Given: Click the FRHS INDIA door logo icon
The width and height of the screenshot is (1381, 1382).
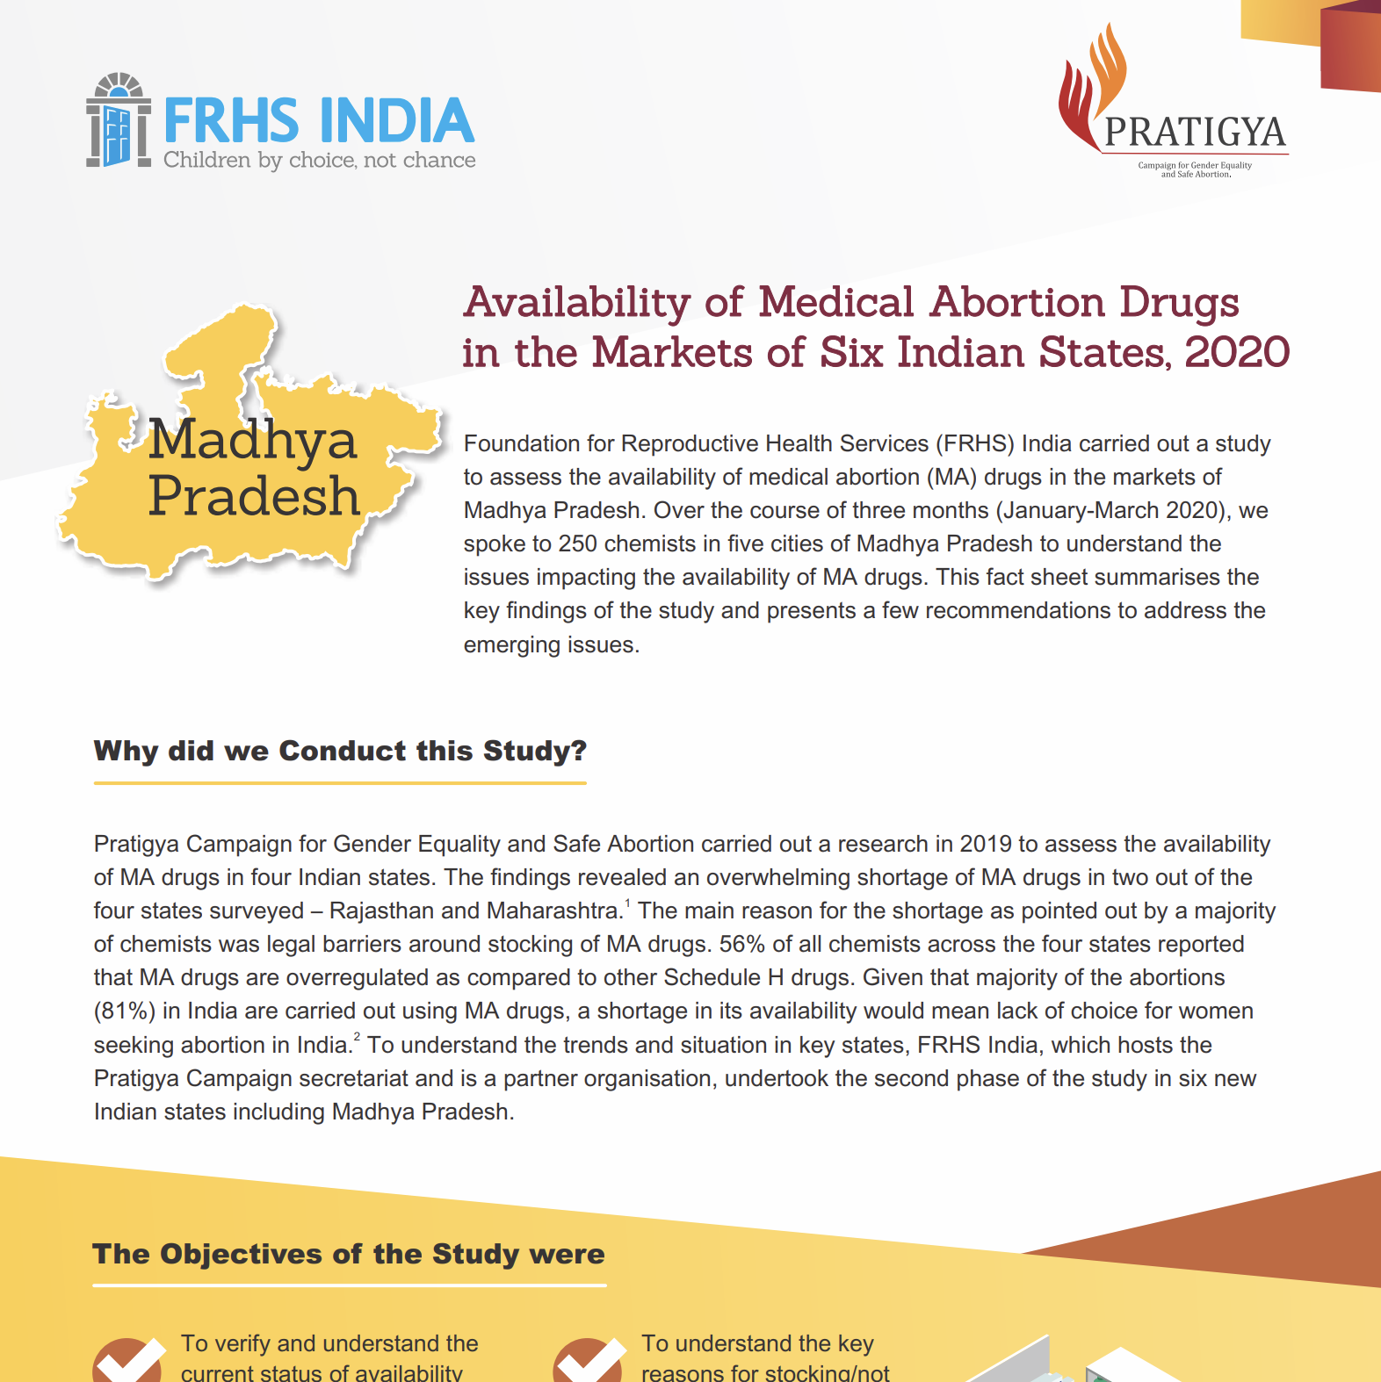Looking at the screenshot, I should [x=119, y=121].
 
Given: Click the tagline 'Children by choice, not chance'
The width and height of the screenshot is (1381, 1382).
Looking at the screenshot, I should [x=319, y=160].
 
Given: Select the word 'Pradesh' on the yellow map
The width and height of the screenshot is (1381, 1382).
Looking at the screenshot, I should [x=254, y=496].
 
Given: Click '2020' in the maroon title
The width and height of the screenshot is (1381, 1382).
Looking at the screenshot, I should [x=1237, y=352].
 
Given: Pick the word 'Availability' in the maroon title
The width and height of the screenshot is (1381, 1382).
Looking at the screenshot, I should [x=577, y=302].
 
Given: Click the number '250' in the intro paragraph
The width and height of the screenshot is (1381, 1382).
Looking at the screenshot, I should [x=578, y=543].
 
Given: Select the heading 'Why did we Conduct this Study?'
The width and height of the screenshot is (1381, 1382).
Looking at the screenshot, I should [x=340, y=751].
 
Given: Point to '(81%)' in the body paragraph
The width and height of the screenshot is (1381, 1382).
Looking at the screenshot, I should [x=125, y=1011].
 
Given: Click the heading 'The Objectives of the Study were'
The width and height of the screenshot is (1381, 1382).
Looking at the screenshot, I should [x=349, y=1254].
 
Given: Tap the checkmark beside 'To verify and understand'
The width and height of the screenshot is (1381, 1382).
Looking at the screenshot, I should [x=128, y=1361].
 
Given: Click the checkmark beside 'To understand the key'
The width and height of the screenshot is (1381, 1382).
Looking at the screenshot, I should [x=588, y=1361].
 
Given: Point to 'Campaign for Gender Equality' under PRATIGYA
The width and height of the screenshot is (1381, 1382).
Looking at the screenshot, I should [x=1195, y=165].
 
